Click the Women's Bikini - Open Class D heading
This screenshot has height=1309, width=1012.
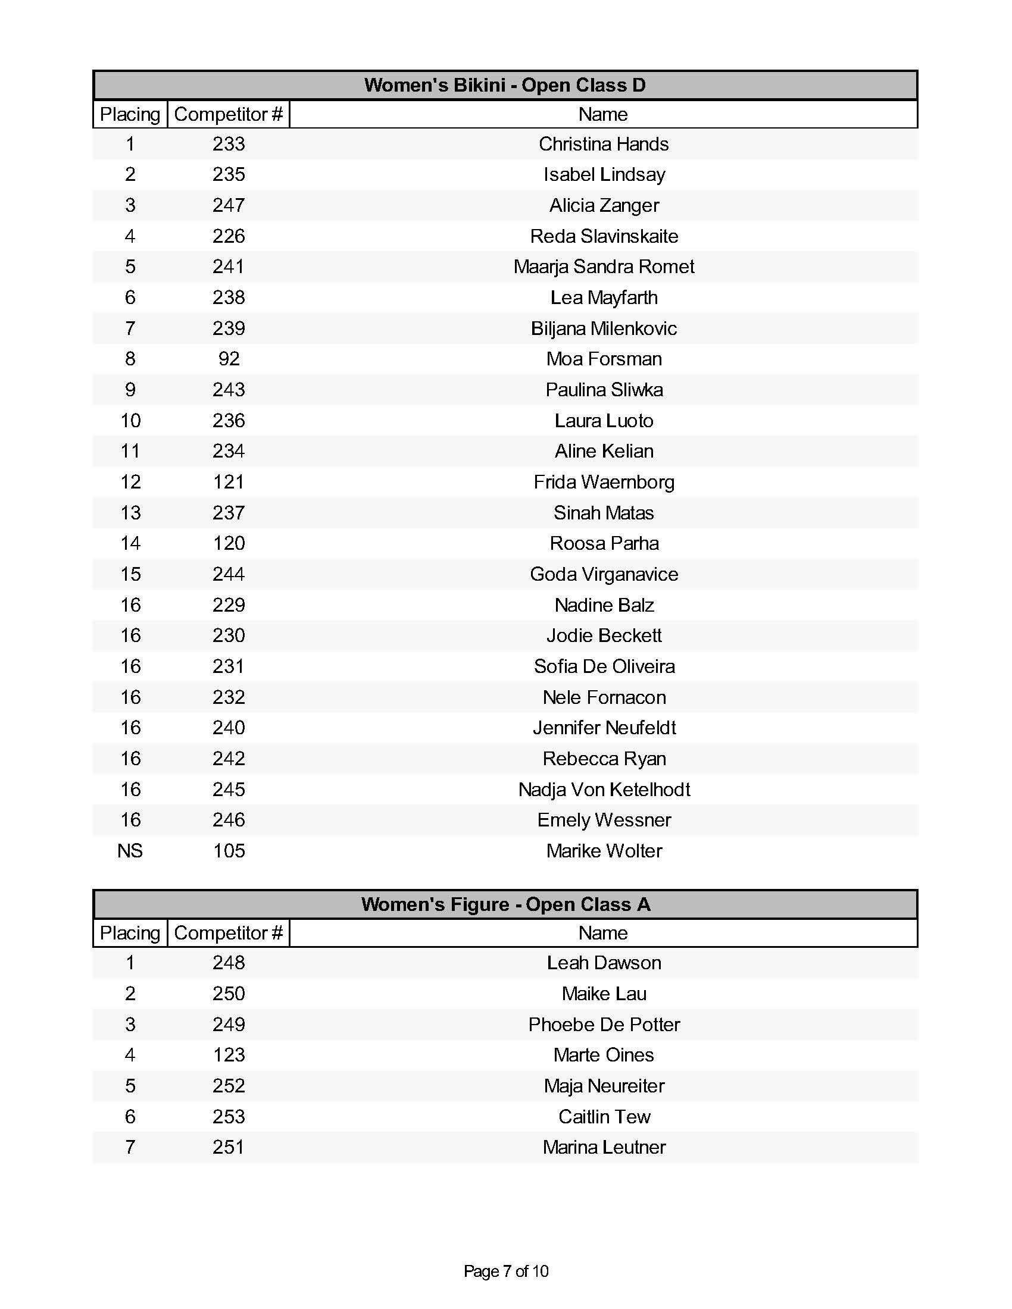point(505,85)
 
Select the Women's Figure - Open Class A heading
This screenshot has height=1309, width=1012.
point(505,904)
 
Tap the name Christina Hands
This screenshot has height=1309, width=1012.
point(603,144)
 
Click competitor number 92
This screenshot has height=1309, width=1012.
point(229,358)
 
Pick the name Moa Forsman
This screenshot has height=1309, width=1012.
point(603,358)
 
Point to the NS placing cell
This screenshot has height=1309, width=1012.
point(130,850)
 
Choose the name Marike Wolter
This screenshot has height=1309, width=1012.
point(603,850)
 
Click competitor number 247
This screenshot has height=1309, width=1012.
point(229,205)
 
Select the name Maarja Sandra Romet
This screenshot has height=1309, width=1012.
point(603,266)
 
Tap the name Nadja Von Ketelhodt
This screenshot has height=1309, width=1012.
point(603,789)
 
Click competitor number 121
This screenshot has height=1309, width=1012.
point(229,482)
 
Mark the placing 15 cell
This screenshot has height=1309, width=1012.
point(130,574)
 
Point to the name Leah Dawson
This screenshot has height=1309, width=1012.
point(603,963)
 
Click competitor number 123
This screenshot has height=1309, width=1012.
point(229,1054)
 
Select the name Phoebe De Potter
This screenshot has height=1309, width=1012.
point(603,1025)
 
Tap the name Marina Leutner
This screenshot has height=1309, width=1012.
point(603,1147)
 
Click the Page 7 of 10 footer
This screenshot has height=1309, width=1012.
point(505,1271)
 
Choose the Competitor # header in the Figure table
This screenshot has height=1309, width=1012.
point(228,932)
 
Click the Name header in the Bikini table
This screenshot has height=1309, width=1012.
point(602,114)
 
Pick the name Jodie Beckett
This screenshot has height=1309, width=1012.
point(603,635)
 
